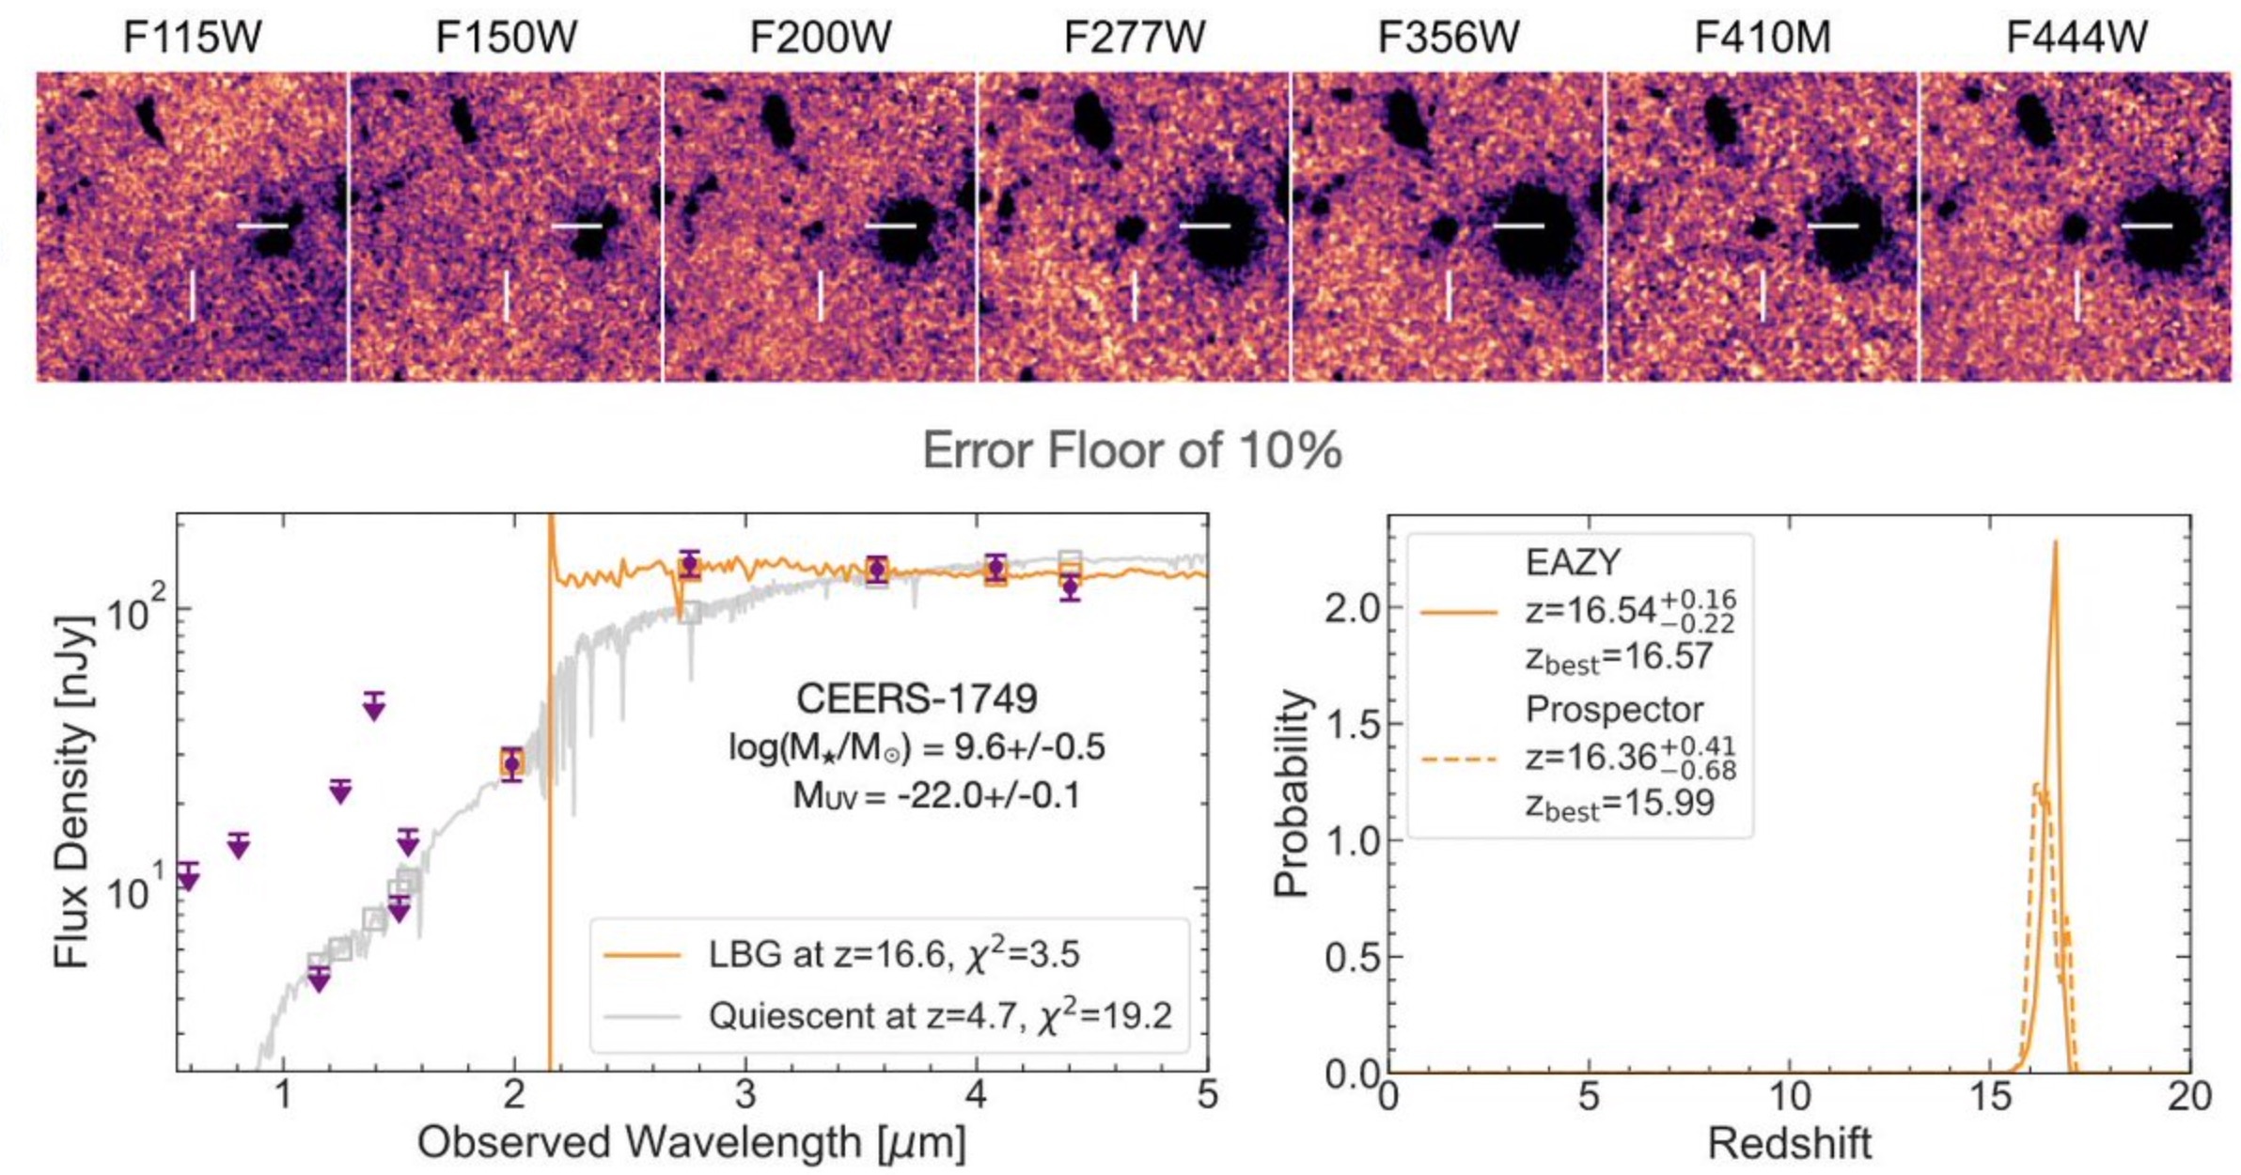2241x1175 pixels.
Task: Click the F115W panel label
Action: [192, 38]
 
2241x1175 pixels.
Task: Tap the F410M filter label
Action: [1762, 38]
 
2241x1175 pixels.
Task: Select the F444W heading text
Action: [2076, 38]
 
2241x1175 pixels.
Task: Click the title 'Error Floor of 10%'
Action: [1132, 450]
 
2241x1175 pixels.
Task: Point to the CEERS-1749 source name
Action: [917, 698]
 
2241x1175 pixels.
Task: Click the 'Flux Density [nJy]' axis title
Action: [73, 791]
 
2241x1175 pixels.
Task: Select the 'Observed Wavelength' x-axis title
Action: [691, 1143]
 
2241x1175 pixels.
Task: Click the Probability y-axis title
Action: [1291, 792]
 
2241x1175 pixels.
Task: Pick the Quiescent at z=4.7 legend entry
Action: [940, 1016]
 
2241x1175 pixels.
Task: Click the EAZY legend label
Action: [1573, 562]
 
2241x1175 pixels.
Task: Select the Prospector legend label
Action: [1614, 710]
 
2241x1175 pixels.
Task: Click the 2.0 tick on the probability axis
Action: [1352, 608]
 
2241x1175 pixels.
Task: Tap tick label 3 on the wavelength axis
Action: [745, 1095]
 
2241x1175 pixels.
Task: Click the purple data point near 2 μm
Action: [512, 763]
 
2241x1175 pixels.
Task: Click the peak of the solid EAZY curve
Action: [2055, 542]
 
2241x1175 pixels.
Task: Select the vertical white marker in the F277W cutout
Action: [1135, 295]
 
